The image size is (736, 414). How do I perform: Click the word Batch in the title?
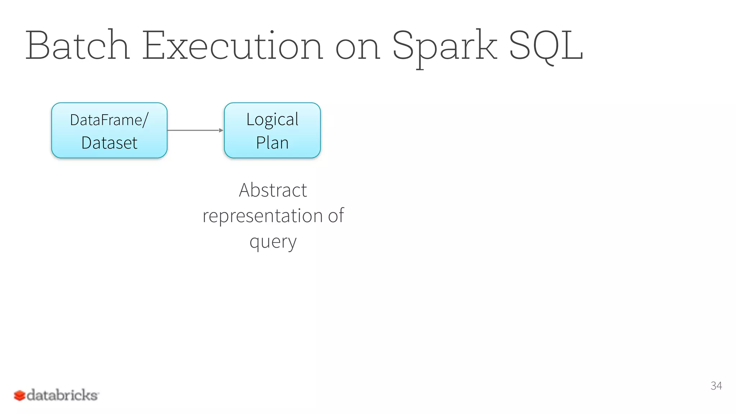pyautogui.click(x=77, y=46)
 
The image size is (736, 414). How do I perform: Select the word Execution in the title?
pyautogui.click(x=233, y=46)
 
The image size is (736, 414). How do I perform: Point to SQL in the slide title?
pyautogui.click(x=546, y=46)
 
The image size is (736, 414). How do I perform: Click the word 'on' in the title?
pyautogui.click(x=357, y=49)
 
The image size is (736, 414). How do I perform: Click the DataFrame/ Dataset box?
pyautogui.click(x=109, y=130)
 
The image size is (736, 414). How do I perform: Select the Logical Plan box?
pyautogui.click(x=272, y=130)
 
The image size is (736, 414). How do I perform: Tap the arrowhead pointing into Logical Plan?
pyautogui.click(x=221, y=130)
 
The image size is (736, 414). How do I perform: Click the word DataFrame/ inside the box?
pyautogui.click(x=109, y=120)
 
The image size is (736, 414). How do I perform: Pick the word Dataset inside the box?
pyautogui.click(x=109, y=143)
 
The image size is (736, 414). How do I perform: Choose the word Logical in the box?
pyautogui.click(x=272, y=120)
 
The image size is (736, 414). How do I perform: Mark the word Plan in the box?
pyautogui.click(x=272, y=143)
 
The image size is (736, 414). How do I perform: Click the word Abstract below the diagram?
pyautogui.click(x=273, y=190)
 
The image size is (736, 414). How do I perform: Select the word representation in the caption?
pyautogui.click(x=262, y=216)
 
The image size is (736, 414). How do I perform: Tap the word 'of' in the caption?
pyautogui.click(x=336, y=216)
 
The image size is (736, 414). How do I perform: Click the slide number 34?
pyautogui.click(x=716, y=386)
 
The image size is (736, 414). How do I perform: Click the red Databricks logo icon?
pyautogui.click(x=19, y=396)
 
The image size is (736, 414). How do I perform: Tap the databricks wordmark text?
pyautogui.click(x=62, y=395)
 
